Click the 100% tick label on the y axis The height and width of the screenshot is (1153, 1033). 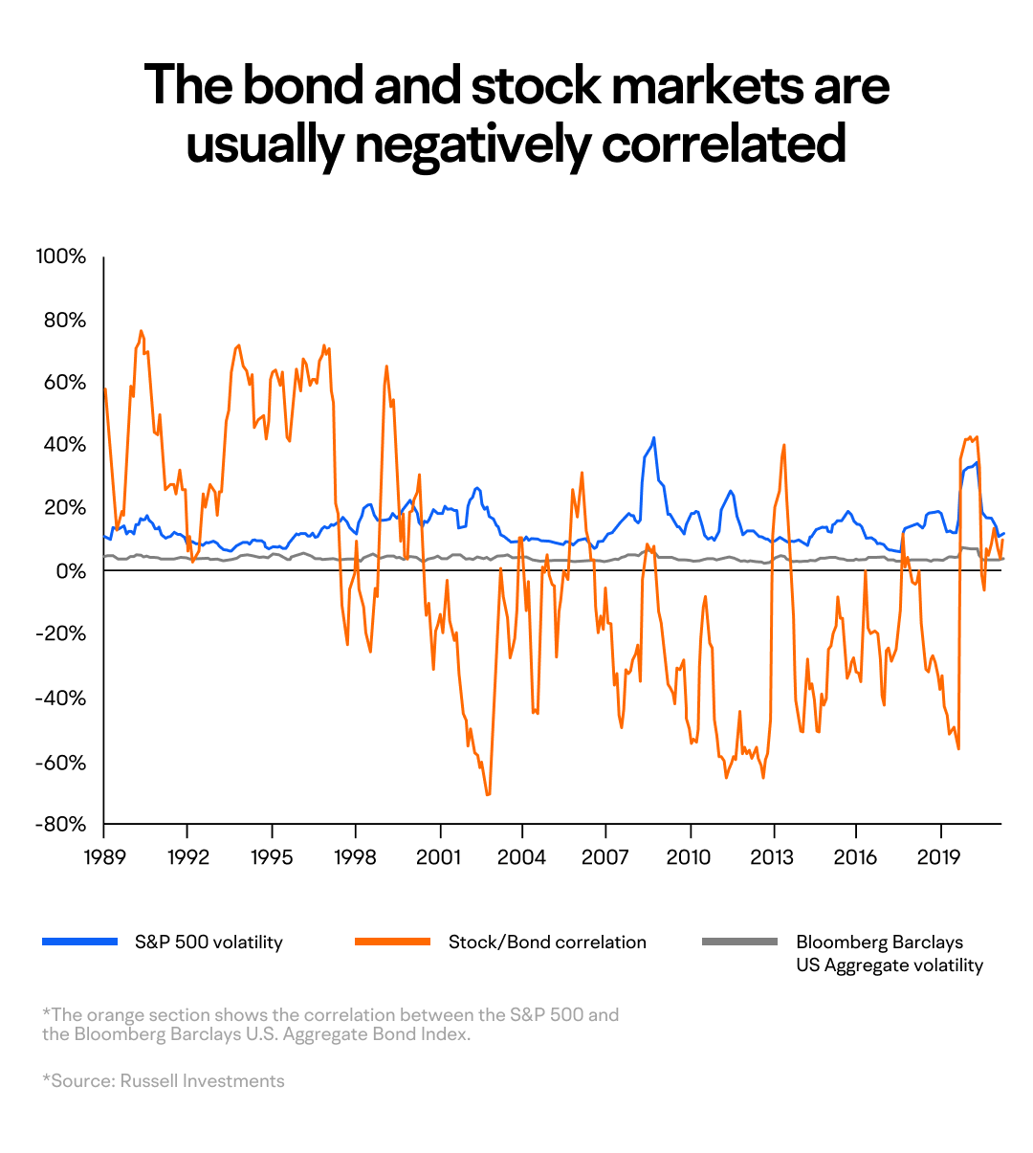click(x=61, y=256)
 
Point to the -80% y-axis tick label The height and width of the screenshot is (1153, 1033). click(x=60, y=825)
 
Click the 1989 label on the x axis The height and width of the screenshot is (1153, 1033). click(x=104, y=856)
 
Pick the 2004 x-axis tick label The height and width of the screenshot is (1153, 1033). click(x=523, y=856)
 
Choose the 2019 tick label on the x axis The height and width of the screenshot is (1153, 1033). click(x=939, y=856)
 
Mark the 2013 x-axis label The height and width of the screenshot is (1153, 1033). click(x=772, y=856)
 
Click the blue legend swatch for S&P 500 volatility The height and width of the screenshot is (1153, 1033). click(x=79, y=942)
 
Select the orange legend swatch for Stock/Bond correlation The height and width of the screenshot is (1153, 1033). click(x=392, y=942)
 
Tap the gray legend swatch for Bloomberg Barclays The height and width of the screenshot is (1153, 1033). click(x=739, y=942)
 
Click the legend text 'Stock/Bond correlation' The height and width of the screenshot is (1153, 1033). click(x=547, y=942)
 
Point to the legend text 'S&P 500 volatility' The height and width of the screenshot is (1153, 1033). click(x=209, y=942)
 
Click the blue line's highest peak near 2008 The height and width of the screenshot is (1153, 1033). click(x=653, y=438)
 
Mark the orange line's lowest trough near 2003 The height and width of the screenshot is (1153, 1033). click(x=488, y=794)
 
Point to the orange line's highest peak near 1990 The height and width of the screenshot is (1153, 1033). click(x=141, y=331)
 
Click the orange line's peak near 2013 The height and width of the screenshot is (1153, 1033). click(x=784, y=445)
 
